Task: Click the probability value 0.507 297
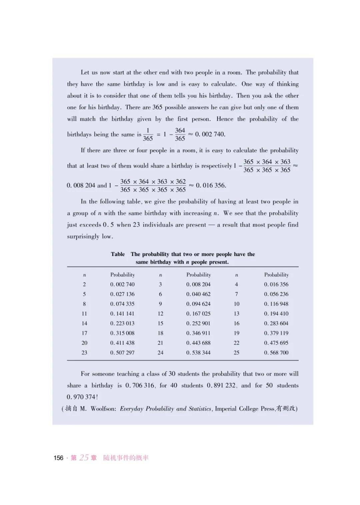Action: (x=122, y=352)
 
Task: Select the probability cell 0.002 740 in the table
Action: (x=122, y=284)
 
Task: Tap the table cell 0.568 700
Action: (x=276, y=352)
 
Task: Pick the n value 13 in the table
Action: (x=236, y=313)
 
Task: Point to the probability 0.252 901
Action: (x=198, y=323)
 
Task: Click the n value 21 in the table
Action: (x=160, y=343)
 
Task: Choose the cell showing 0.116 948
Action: (x=276, y=304)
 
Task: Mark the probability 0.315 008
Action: (x=122, y=333)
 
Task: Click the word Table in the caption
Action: (x=118, y=254)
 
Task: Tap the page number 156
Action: (x=58, y=458)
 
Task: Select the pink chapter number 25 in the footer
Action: (x=84, y=457)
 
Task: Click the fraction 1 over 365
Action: (x=148, y=134)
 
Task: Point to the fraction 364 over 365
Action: (x=180, y=134)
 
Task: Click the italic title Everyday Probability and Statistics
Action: (x=166, y=409)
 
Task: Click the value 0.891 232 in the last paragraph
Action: (x=221, y=385)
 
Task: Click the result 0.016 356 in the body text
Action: (x=211, y=185)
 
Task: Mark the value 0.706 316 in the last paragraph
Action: (x=140, y=385)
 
